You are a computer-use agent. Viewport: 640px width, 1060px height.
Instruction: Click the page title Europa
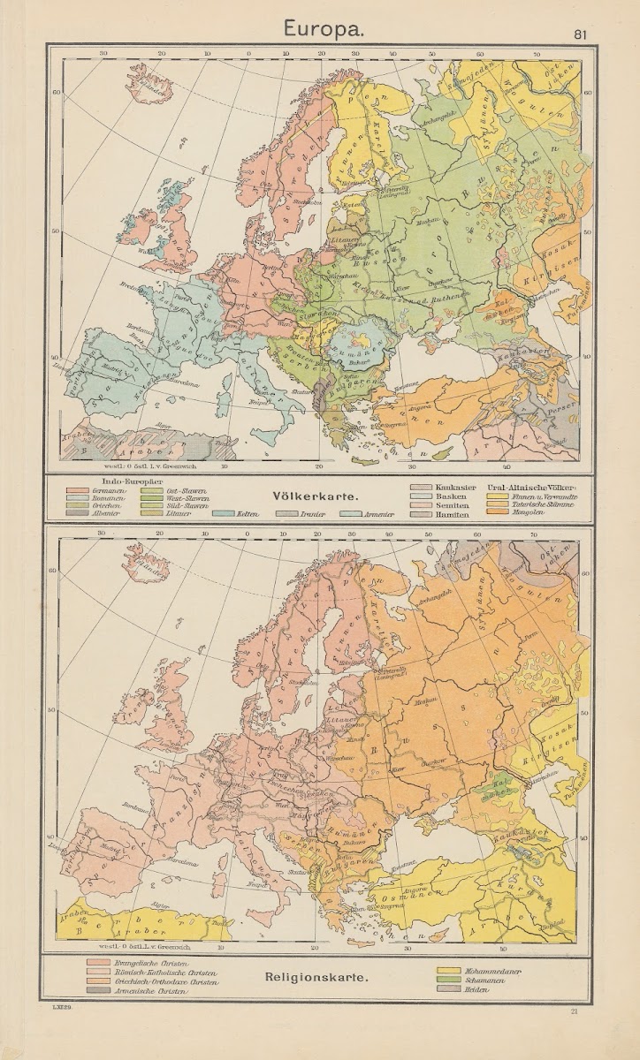tap(320, 28)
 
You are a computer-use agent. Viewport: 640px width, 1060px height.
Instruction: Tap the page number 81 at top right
tap(580, 35)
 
